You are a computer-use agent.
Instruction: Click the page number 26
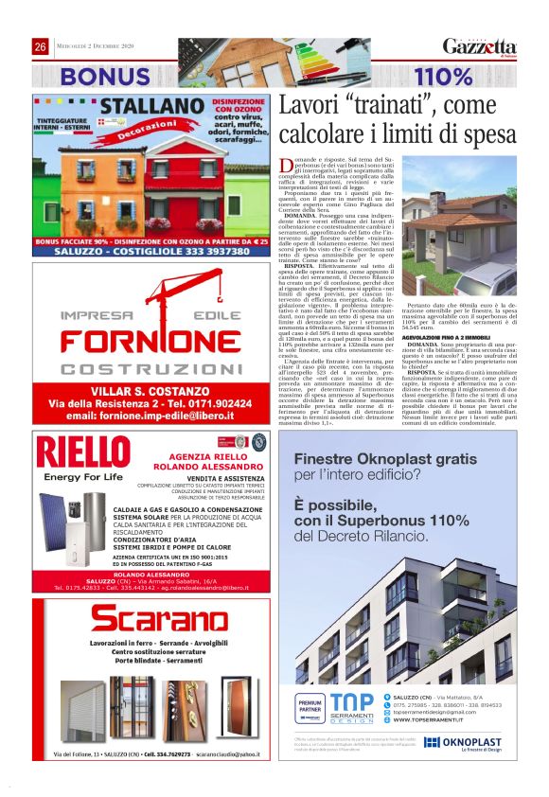(x=41, y=47)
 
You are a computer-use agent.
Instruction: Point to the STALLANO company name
(x=154, y=106)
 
